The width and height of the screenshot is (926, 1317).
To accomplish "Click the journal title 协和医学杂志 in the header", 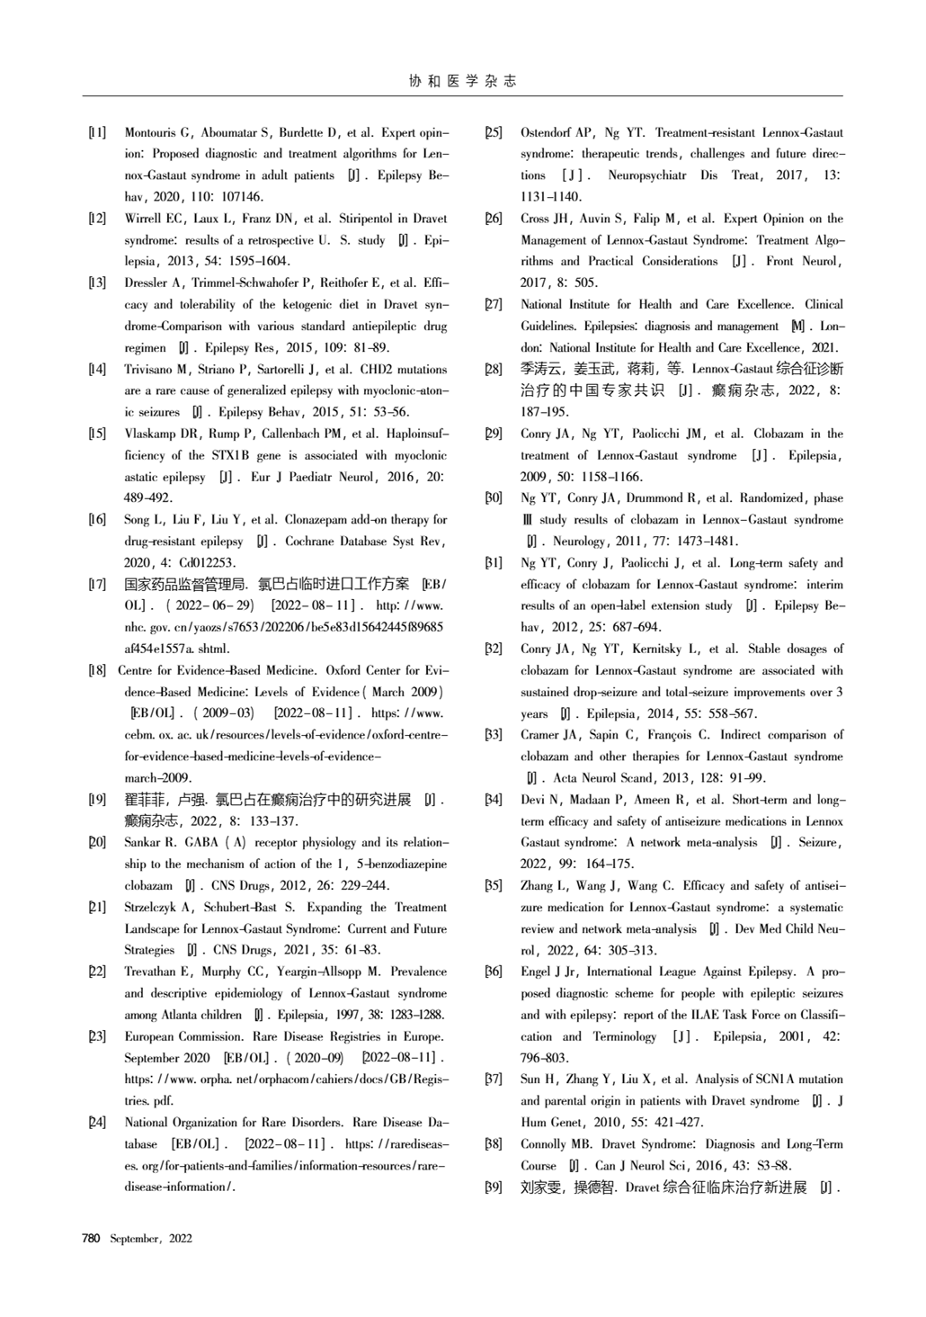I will (x=463, y=81).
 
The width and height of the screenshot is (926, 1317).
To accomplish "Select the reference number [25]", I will (x=494, y=133).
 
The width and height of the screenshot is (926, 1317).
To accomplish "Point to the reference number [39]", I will (x=494, y=1187).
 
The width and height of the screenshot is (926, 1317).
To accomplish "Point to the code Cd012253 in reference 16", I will (x=208, y=563).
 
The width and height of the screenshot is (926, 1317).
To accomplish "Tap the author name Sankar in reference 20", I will (x=144, y=843).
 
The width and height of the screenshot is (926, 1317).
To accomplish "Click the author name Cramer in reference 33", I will (x=540, y=735).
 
